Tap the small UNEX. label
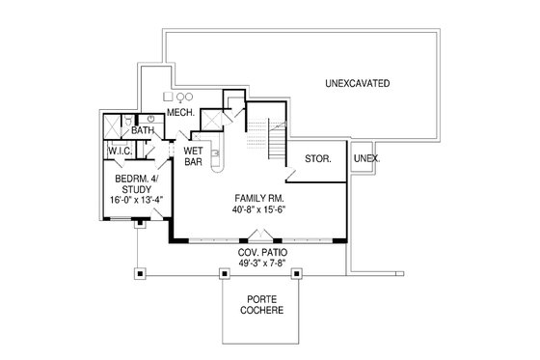point(366,157)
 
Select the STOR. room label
point(317,158)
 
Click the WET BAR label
point(192,156)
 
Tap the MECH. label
point(181,113)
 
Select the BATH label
point(143,129)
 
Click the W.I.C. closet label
point(121,151)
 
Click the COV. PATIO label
point(262,252)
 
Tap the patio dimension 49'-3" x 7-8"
point(262,263)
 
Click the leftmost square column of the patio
point(140,273)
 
